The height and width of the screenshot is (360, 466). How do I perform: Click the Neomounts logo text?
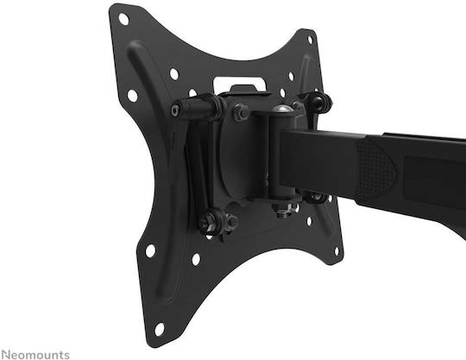pos(35,355)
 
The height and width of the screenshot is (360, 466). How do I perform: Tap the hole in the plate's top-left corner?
pos(123,19)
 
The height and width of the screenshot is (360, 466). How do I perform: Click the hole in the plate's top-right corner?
pos(310,40)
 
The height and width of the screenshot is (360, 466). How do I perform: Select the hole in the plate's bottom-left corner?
pos(160,330)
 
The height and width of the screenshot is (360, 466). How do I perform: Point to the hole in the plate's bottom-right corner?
pos(337,251)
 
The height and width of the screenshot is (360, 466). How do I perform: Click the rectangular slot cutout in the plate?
pos(240,84)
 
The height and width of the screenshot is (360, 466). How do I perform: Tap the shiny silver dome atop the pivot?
pos(281,109)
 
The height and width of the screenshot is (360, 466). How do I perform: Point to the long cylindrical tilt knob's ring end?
pos(176,111)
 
